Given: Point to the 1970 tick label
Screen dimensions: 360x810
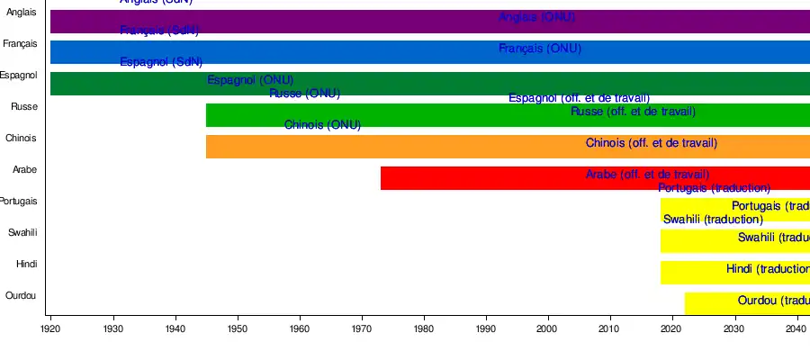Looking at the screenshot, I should [362, 329].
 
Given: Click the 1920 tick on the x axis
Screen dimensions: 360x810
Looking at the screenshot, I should [50, 329].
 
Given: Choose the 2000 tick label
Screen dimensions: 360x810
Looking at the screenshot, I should [548, 329].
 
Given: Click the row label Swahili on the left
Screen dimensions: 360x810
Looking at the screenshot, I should [22, 233].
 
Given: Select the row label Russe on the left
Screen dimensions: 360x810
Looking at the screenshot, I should [23, 107].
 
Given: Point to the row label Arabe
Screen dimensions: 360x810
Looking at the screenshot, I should [24, 170].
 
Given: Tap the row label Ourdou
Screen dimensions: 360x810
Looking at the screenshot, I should [22, 296].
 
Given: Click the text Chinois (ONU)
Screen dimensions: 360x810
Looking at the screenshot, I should [322, 125].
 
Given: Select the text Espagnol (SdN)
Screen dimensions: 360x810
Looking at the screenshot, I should [161, 62].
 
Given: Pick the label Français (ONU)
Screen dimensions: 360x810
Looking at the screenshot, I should [540, 49].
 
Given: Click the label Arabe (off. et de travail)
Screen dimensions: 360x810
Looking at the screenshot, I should [647, 175].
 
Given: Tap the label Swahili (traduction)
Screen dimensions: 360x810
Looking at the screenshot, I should [713, 220].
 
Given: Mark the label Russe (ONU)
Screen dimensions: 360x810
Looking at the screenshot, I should [304, 94].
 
